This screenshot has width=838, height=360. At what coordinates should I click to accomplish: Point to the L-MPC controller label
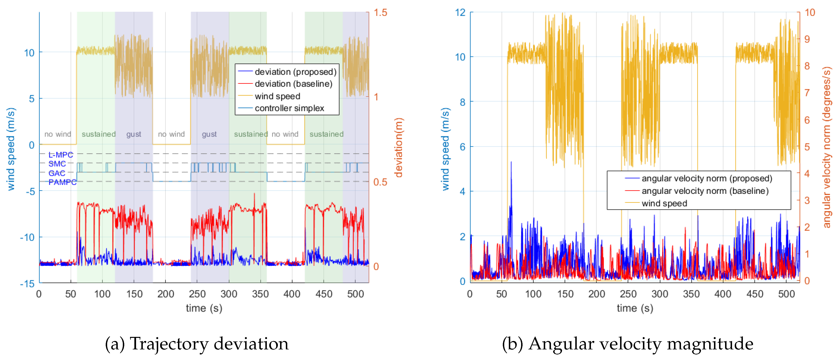pos(61,155)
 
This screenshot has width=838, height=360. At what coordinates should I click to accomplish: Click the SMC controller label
pos(57,164)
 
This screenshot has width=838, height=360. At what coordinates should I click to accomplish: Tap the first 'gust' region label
pos(134,134)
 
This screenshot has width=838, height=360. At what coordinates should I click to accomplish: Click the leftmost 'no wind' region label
pos(58,134)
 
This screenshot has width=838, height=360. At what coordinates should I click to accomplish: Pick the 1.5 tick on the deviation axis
pos(380,13)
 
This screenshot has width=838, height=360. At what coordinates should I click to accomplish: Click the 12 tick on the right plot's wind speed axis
pos(460,13)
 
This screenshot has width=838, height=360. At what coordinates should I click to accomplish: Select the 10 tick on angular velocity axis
pos(810,13)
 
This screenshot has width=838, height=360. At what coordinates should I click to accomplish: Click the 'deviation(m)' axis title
pos(399,148)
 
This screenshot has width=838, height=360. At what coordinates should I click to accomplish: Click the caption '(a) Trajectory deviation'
pos(196,344)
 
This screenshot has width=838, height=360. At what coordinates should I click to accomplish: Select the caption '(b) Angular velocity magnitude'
pos(628,344)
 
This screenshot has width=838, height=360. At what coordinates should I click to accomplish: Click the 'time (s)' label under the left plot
pos(204,308)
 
